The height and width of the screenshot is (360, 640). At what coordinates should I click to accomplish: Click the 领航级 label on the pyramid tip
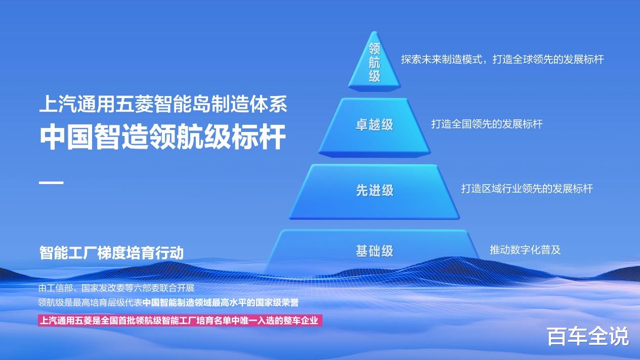point(374,63)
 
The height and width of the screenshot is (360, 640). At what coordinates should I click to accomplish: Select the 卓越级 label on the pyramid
point(374,125)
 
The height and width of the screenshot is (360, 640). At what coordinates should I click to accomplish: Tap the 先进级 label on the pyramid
point(374,190)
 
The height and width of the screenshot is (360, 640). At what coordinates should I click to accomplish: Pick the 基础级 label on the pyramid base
point(374,251)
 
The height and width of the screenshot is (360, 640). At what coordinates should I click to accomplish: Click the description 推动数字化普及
point(525,250)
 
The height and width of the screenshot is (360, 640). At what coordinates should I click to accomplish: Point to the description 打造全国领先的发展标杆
point(487,124)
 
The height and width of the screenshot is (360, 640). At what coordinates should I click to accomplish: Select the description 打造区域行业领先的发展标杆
point(527,189)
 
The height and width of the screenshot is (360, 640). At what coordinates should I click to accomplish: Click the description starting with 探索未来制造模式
point(502,59)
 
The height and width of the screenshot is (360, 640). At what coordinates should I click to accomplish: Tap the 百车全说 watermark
point(588,336)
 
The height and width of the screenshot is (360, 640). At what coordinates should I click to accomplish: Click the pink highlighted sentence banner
point(180,321)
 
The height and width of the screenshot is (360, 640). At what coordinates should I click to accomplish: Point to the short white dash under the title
point(51,183)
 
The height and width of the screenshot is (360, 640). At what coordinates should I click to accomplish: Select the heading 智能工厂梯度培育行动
point(111,253)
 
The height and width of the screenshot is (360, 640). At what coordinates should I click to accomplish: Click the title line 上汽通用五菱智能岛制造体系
point(163,104)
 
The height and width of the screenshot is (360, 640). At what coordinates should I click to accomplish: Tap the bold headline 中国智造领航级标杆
point(163,137)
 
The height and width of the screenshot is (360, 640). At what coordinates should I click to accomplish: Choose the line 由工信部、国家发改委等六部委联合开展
point(116,288)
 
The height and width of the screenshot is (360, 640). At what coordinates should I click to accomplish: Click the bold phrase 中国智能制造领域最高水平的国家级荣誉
point(221,303)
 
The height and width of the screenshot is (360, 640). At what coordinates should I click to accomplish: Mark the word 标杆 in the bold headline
point(259,137)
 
